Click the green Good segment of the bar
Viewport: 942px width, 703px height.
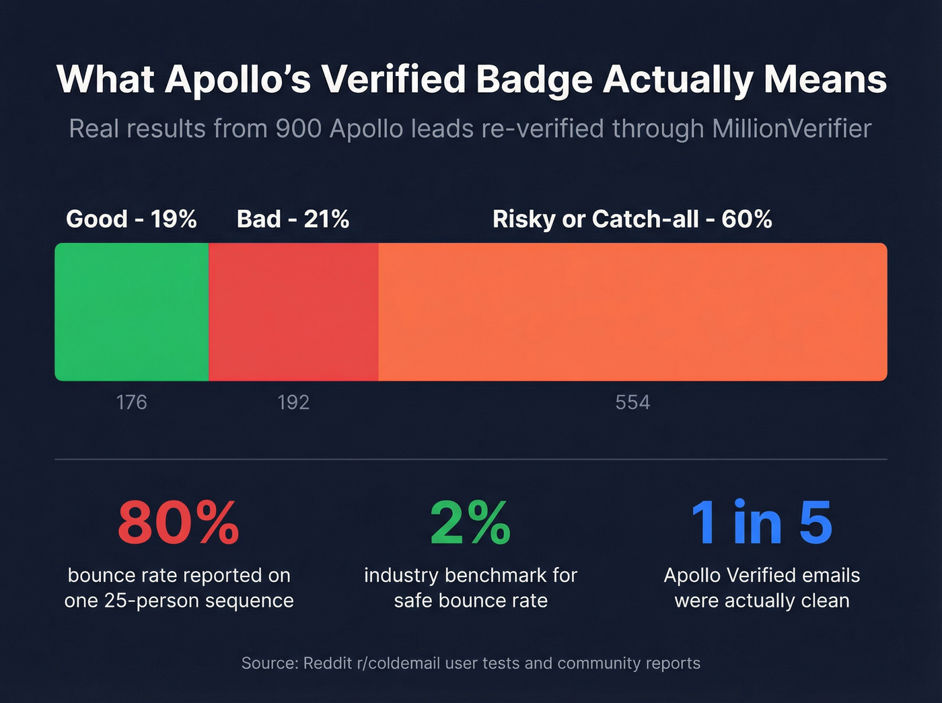[132, 312]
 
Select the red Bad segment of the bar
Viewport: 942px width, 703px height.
[293, 312]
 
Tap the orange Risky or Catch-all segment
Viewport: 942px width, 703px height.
[632, 312]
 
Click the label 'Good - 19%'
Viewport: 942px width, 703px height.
[131, 219]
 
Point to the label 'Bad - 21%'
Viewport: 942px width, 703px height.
[293, 219]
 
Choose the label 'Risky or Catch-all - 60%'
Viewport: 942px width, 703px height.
[632, 219]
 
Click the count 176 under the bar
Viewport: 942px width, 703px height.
[131, 402]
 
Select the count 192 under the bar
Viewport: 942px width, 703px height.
[293, 402]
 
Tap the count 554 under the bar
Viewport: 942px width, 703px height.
[632, 402]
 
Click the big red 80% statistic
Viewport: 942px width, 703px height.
[178, 523]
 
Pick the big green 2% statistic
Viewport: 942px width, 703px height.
[470, 523]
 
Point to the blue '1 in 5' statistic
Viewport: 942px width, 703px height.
[762, 523]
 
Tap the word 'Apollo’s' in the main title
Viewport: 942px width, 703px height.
[238, 79]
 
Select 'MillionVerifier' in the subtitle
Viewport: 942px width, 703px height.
[791, 128]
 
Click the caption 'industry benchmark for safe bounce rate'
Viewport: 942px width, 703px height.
[470, 588]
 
